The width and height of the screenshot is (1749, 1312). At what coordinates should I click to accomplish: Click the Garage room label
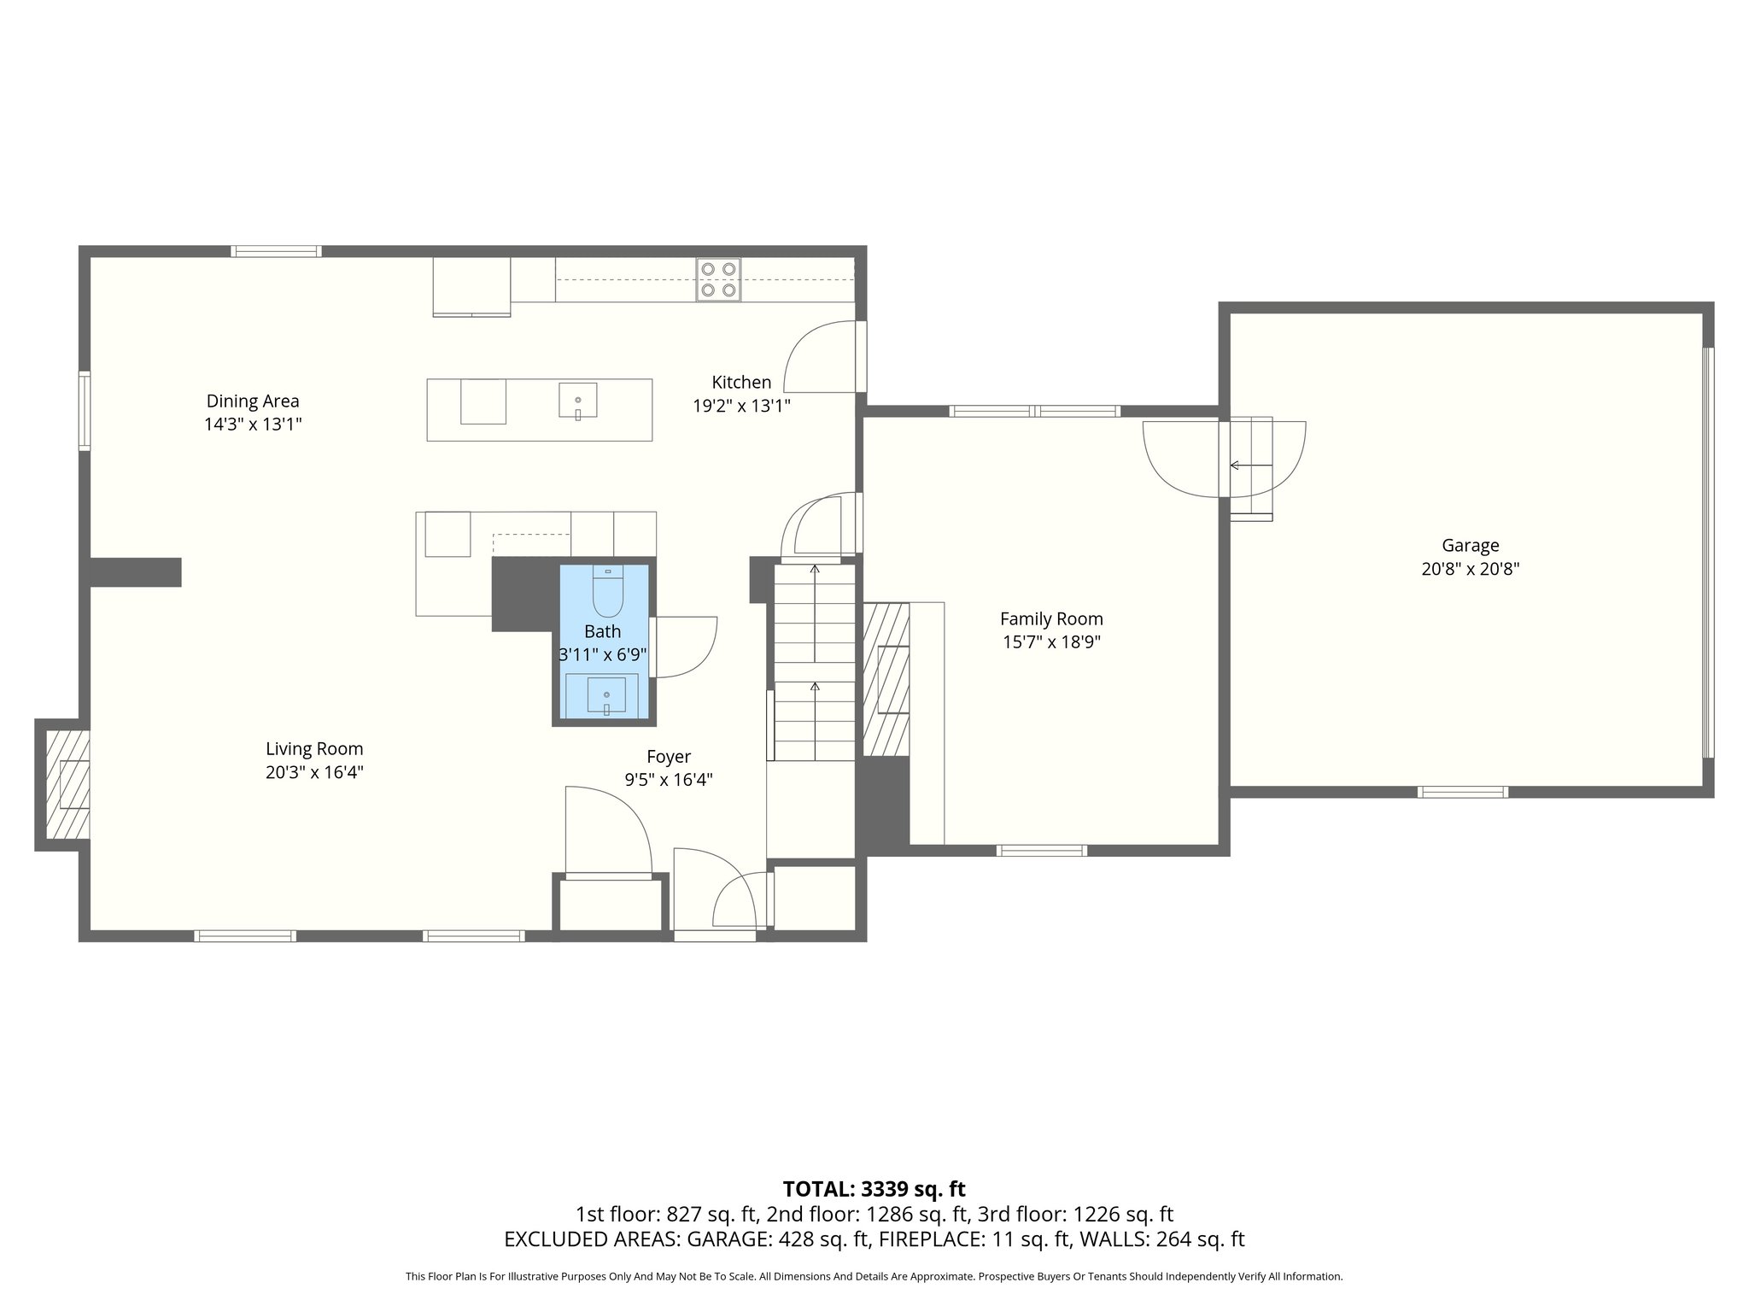pos(1470,545)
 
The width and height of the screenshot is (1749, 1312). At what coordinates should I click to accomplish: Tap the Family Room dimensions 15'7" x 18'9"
pos(1051,642)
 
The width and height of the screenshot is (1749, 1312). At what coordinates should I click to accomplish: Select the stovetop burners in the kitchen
pos(717,279)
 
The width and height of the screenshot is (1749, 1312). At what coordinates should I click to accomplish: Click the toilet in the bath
pos(608,593)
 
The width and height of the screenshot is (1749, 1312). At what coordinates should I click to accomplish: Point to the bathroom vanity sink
pos(606,694)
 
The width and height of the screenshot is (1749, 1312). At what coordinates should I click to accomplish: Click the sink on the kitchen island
pos(578,401)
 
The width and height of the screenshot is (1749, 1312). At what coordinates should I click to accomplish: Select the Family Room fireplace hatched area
pos(886,679)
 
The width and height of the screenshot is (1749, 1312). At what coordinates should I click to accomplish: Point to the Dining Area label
pos(253,401)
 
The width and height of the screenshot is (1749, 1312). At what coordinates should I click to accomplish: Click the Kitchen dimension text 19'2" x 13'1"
pos(741,406)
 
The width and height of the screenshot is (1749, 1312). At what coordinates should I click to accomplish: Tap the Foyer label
pos(668,756)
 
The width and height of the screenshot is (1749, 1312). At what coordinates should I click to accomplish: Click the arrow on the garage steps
pos(1249,466)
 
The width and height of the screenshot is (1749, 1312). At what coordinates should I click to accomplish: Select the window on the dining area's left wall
pos(85,410)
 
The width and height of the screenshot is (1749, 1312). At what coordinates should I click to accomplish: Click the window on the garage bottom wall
pos(1462,792)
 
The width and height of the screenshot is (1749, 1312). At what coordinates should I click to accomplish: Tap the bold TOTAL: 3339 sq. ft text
pos(874,1189)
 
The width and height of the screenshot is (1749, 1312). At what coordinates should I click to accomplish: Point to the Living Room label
pos(314,748)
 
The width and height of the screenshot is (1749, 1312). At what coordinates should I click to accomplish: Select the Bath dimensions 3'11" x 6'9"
pos(603,655)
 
